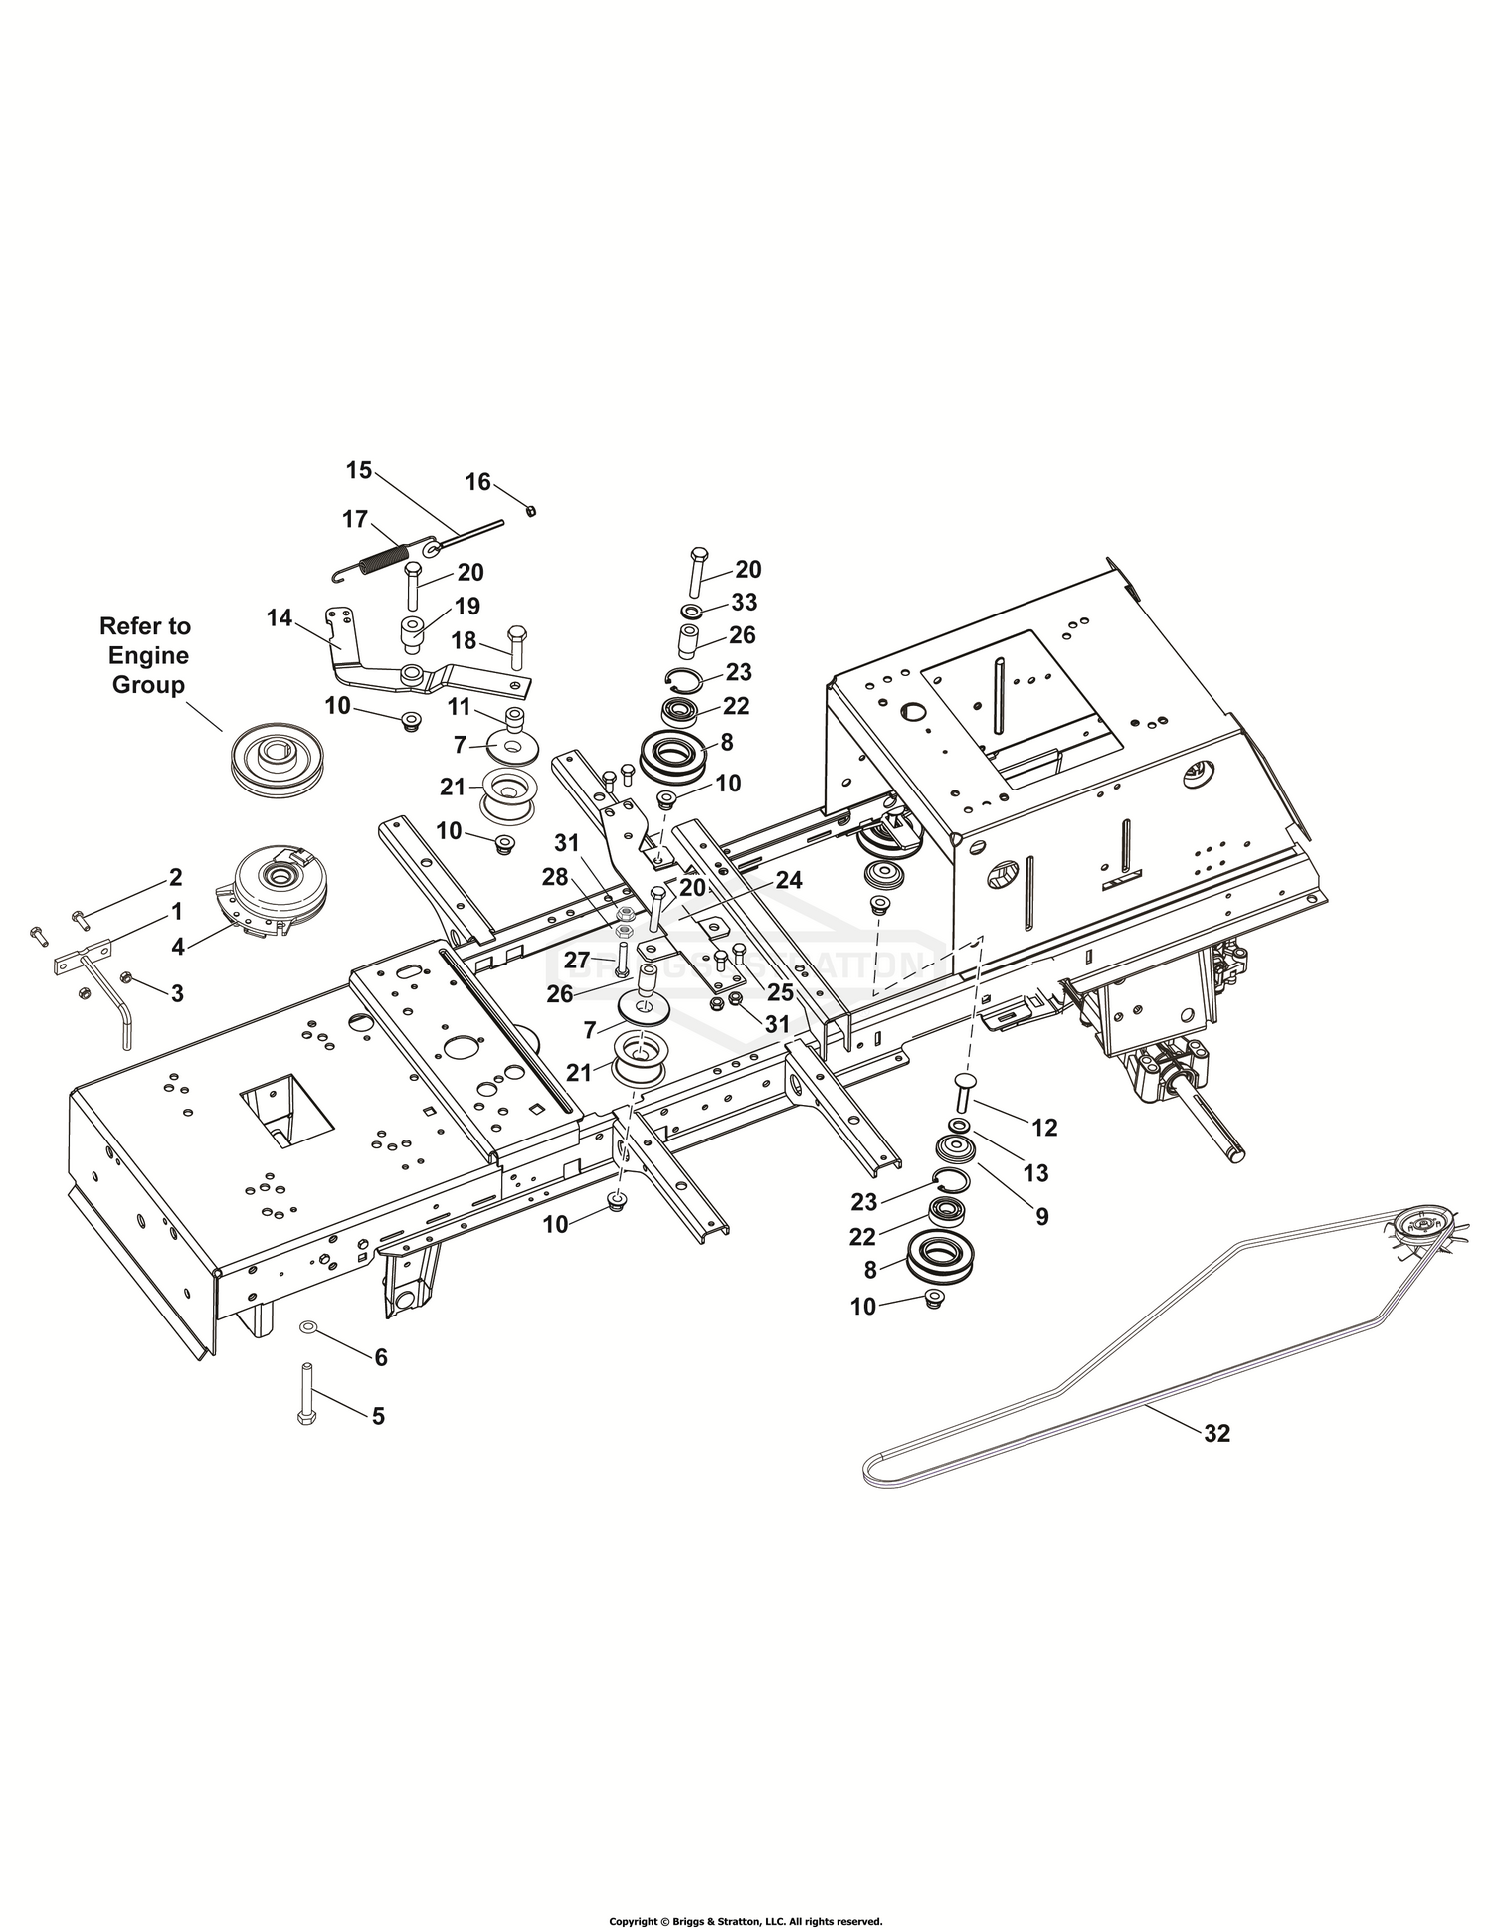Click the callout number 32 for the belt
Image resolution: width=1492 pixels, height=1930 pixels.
pos(1216,1433)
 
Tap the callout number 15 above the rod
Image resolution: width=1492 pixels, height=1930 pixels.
pos(359,470)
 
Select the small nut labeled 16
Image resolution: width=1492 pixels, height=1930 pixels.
pos(532,510)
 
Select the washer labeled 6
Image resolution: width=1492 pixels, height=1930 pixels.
pos(308,1327)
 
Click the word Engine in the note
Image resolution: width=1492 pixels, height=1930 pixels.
pos(148,655)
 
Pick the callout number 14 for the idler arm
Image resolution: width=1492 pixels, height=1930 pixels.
pos(280,617)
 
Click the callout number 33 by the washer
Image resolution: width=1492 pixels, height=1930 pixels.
pos(743,602)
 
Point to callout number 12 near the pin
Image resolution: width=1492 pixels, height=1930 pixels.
pos(1044,1127)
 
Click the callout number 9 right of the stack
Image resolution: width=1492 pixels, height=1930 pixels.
pos(1041,1216)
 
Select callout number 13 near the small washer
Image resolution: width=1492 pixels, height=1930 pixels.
pos(1035,1172)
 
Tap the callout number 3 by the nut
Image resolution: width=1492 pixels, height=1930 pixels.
pos(177,992)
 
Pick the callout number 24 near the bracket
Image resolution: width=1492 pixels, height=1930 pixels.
pos(789,880)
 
